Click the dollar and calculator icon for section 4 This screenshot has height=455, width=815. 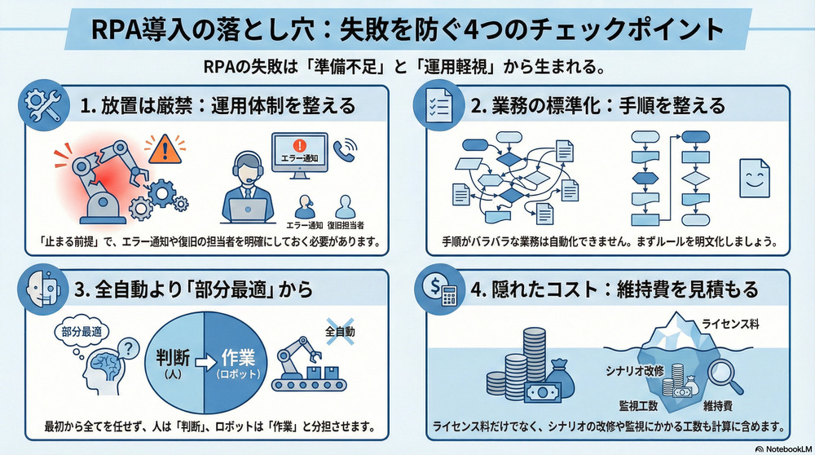[438, 290]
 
